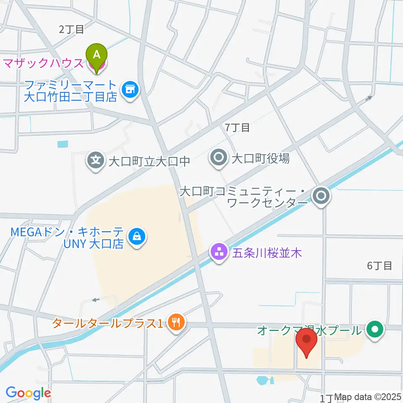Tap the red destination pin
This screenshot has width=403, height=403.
tap(306, 340)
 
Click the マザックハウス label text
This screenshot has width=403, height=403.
tap(43, 64)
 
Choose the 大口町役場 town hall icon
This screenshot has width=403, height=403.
tap(219, 159)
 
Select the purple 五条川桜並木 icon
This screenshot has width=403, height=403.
tap(219, 253)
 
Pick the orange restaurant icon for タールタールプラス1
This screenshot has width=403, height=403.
tap(175, 323)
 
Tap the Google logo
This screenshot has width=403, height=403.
tap(28, 393)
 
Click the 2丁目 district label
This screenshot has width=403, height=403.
tap(71, 29)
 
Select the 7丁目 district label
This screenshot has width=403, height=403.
tap(237, 127)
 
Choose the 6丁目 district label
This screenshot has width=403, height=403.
tap(379, 265)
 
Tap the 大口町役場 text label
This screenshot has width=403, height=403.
tap(260, 159)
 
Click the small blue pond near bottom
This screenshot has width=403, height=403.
tap(262, 380)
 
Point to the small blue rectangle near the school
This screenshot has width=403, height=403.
tap(62, 144)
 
